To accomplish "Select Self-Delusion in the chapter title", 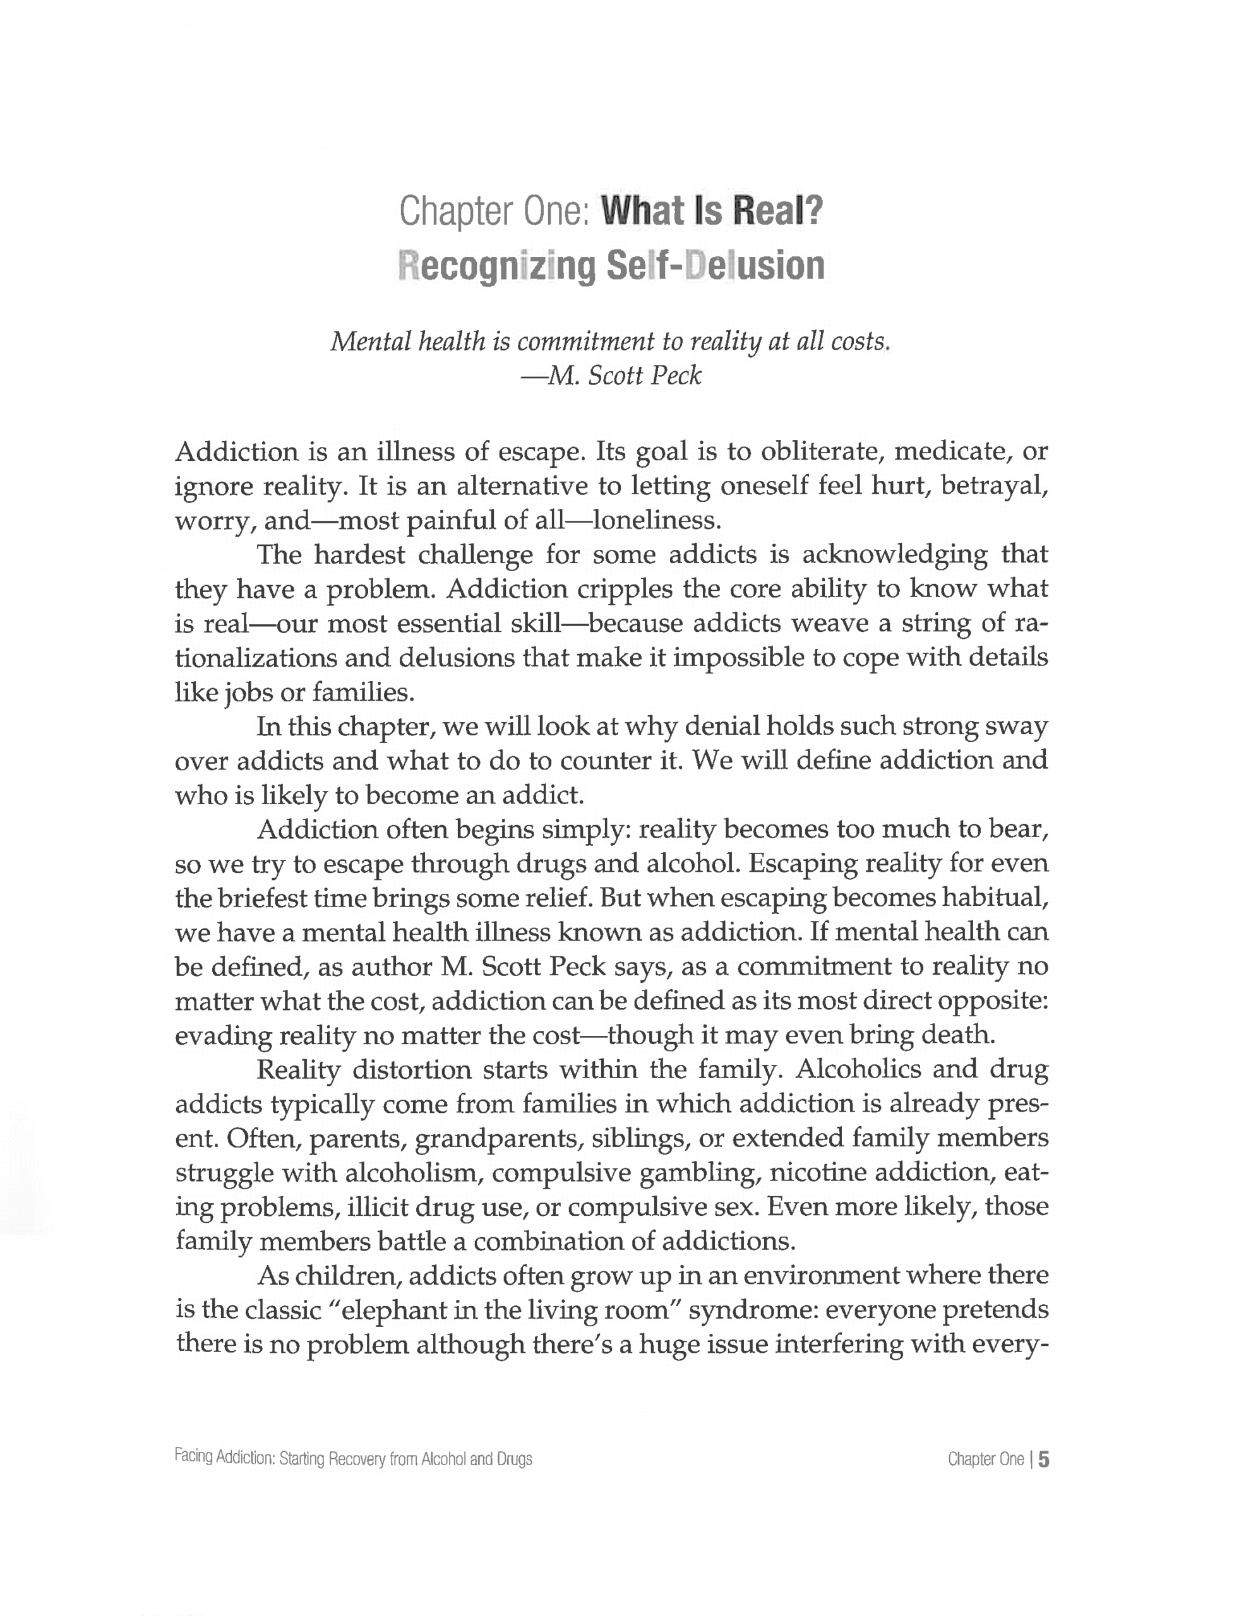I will (x=716, y=266).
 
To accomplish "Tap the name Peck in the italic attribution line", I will (x=676, y=376).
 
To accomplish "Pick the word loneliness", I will (x=656, y=521).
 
